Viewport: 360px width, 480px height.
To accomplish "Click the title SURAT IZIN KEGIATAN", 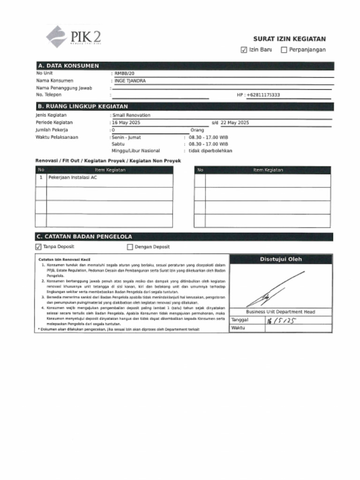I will pyautogui.click(x=289, y=39).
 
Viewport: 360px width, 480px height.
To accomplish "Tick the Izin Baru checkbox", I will pyautogui.click(x=244, y=50).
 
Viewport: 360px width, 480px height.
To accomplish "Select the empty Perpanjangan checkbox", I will pyautogui.click(x=284, y=50).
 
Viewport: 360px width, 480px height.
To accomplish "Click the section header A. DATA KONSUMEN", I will pyautogui.click(x=68, y=66).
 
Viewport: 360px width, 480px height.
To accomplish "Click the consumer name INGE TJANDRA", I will pyautogui.click(x=130, y=81).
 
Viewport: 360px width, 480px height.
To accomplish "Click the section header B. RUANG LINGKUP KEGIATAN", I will pyautogui.click(x=82, y=106).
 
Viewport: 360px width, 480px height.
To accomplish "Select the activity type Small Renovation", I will pyautogui.click(x=131, y=115).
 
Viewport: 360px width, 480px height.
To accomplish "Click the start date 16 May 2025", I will pyautogui.click(x=127, y=123).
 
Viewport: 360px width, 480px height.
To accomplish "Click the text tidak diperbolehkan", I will pyautogui.click(x=210, y=151).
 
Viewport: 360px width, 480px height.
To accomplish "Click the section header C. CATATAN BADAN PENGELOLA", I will pyautogui.click(x=85, y=237).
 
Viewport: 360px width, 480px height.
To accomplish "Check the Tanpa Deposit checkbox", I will pyautogui.click(x=38, y=247).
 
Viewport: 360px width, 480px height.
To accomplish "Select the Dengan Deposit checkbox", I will pyautogui.click(x=130, y=247).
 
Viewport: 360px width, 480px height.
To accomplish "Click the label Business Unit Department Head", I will pyautogui.click(x=280, y=312).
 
